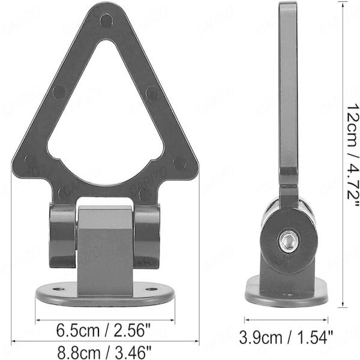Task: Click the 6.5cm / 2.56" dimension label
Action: tap(103, 329)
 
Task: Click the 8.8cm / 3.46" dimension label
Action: tap(103, 349)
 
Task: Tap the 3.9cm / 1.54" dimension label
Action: tap(287, 337)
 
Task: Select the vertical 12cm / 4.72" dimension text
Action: tap(349, 156)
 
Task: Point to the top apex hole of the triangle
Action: tap(106, 20)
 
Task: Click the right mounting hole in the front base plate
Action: tap(151, 289)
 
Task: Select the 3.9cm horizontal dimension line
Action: tap(286, 320)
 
